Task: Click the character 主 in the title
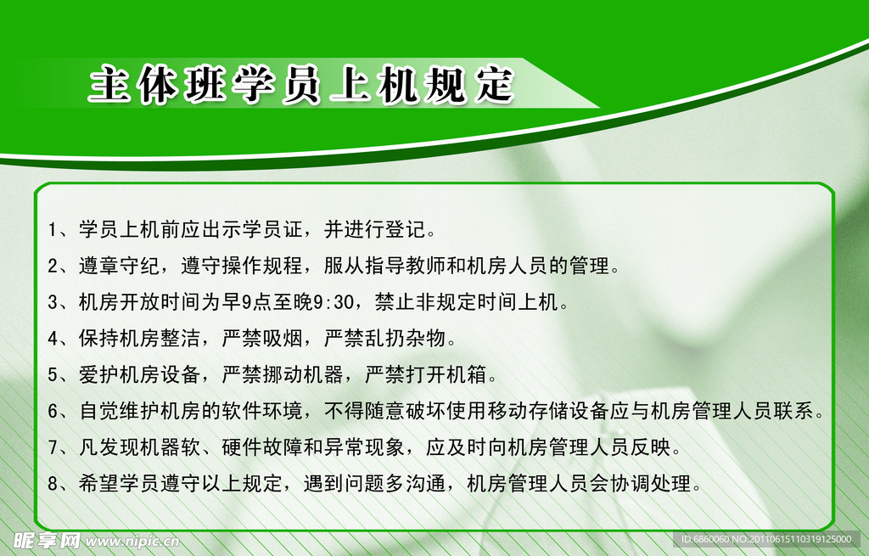point(109,86)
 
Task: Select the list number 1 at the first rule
point(53,230)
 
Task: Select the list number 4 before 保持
point(53,339)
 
